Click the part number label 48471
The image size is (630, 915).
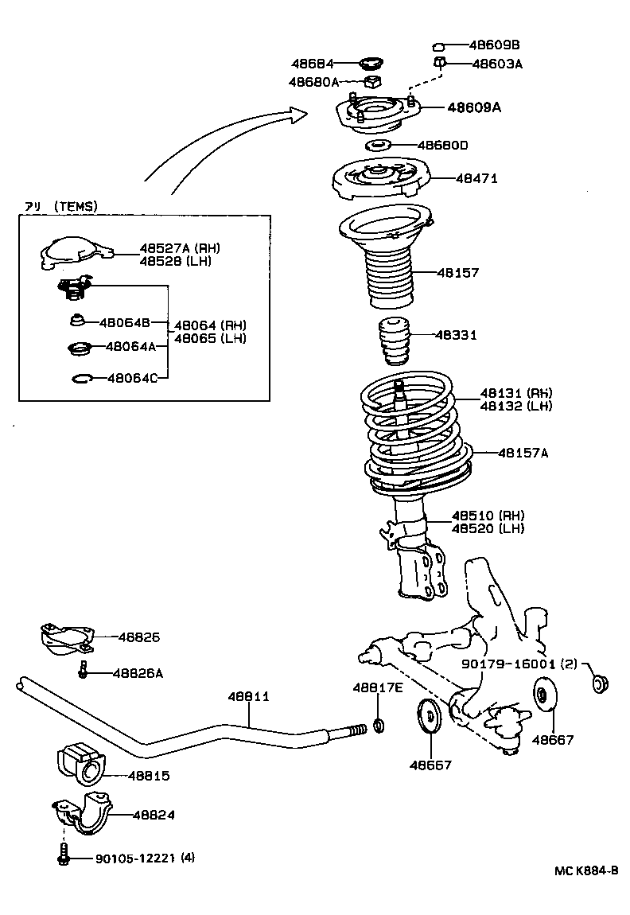point(476,179)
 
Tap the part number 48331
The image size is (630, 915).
point(456,335)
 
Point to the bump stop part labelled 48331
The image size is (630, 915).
point(393,341)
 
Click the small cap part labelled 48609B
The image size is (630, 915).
point(438,46)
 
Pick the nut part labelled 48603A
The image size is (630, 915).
point(439,62)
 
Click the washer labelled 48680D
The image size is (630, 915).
point(378,146)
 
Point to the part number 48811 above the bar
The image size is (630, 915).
point(251,696)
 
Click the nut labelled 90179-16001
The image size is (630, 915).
point(601,683)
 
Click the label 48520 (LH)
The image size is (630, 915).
point(488,528)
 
